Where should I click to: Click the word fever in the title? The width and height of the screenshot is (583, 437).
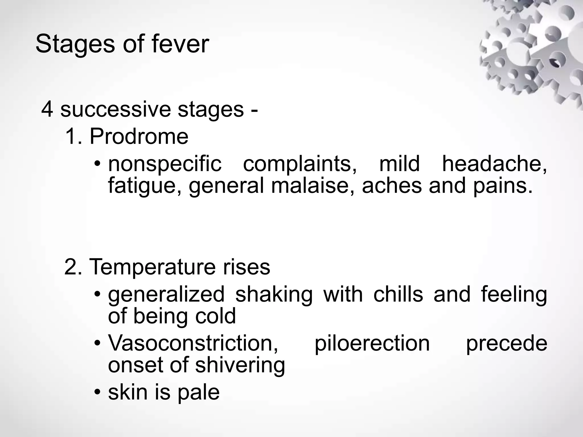click(180, 44)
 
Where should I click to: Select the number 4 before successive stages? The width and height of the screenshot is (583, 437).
click(47, 110)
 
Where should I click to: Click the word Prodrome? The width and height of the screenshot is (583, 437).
click(139, 137)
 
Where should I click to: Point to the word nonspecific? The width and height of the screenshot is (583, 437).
click(165, 164)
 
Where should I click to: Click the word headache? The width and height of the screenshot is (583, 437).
click(494, 164)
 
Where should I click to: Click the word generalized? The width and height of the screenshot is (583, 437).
click(166, 295)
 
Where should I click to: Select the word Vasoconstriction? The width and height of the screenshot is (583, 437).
click(193, 343)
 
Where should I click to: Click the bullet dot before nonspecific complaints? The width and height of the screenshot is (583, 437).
click(97, 164)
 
